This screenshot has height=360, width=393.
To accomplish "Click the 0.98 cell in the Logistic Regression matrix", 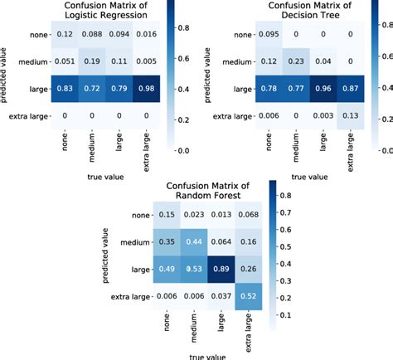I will click(x=146, y=89).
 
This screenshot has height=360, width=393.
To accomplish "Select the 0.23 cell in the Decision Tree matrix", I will click(x=298, y=61).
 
